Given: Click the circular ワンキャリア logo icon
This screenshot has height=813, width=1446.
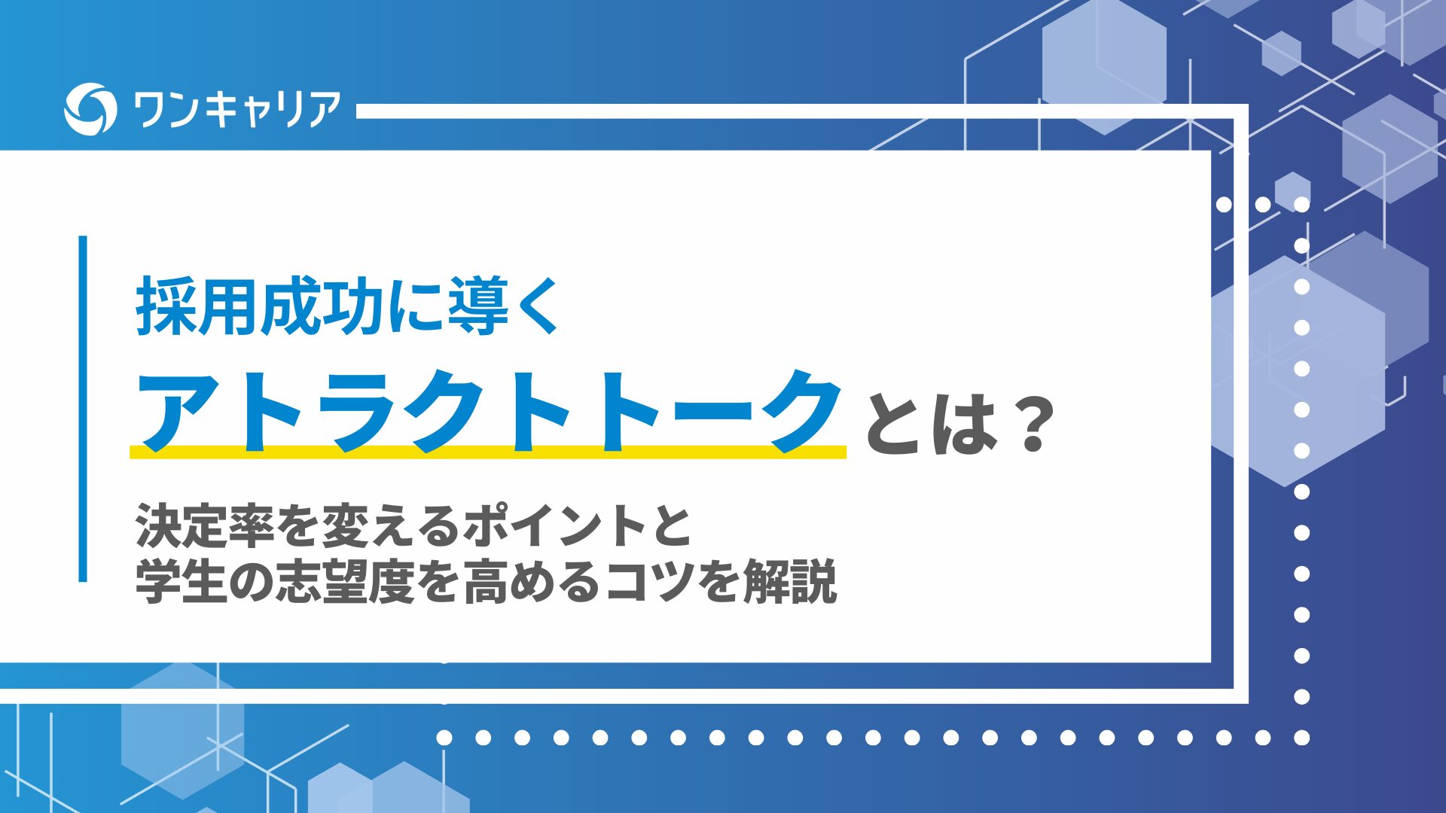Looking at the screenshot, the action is [90, 108].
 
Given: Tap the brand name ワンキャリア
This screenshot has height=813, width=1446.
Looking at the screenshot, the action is [236, 109].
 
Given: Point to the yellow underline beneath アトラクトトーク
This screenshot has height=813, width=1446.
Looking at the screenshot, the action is [488, 452].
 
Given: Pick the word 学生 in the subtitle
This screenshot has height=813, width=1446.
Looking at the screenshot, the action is [181, 581].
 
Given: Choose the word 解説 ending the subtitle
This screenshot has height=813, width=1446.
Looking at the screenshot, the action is [790, 581].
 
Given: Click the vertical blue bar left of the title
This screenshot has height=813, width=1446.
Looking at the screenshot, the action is [83, 409].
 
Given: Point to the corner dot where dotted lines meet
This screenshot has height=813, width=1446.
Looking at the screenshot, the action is [1301, 738].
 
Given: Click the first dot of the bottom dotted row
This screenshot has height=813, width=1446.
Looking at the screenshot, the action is [444, 738].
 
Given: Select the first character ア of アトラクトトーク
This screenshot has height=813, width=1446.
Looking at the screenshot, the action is [179, 413].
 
